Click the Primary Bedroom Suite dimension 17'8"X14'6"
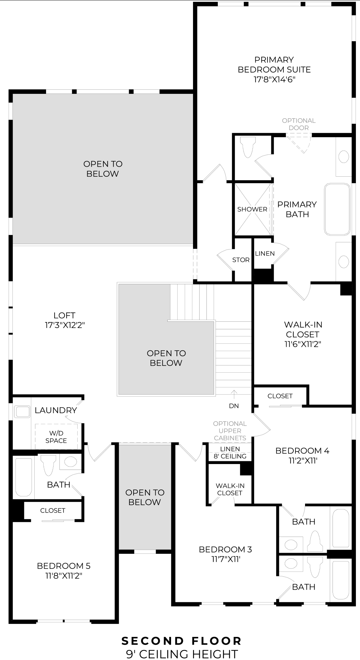point(274,80)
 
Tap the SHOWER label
point(252,209)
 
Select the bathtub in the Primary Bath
point(337,209)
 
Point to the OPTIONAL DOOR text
point(299,124)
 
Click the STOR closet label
point(241,260)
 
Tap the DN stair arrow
point(234,393)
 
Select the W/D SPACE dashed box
point(56,437)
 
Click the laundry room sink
point(23,412)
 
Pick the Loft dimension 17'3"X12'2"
point(65,325)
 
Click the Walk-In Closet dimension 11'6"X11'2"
point(302,344)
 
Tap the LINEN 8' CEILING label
point(230,453)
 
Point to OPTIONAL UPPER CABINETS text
point(230,431)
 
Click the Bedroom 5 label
point(64,565)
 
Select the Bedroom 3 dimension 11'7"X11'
point(225,559)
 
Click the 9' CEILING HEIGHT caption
point(182,653)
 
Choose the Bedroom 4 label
point(302,451)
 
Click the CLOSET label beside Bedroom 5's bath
point(53,510)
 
